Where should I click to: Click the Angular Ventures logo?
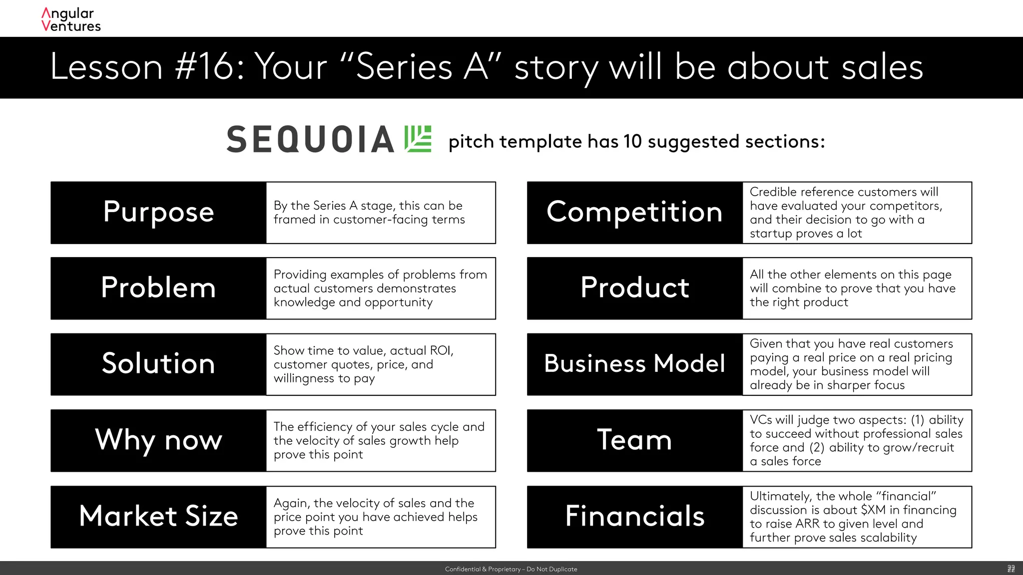pos(71,20)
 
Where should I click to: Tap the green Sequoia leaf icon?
pos(418,139)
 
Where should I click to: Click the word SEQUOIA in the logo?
pos(310,139)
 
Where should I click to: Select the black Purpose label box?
pos(158,213)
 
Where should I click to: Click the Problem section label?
pos(158,288)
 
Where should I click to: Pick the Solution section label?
pos(158,364)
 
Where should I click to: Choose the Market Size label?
pos(158,517)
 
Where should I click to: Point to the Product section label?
pos(634,288)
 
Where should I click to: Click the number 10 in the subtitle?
pos(632,142)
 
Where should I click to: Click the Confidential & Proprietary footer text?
pos(511,569)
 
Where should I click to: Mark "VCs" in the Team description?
pos(761,420)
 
